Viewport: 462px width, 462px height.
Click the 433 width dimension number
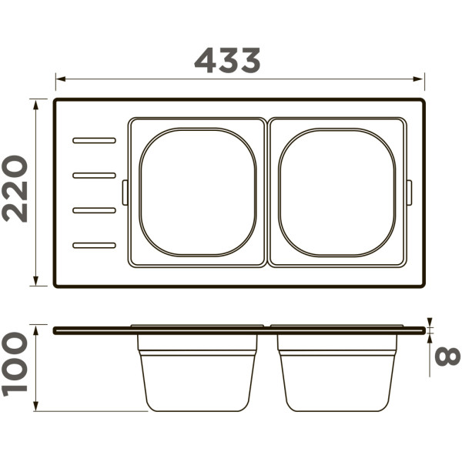(x=227, y=60)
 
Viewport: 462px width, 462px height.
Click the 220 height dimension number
(x=15, y=189)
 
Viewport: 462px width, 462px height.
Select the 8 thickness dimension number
(x=447, y=356)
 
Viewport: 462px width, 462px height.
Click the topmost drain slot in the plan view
(x=94, y=140)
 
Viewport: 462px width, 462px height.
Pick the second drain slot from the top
(x=94, y=175)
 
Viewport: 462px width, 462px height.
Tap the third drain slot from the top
(x=94, y=209)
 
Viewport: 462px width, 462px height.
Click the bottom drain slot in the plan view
(x=94, y=245)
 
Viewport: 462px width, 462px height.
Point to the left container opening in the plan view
(x=198, y=192)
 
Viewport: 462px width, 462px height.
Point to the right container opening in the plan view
(x=337, y=192)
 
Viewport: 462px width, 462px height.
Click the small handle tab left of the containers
(x=126, y=192)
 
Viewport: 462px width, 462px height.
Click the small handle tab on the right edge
(x=410, y=192)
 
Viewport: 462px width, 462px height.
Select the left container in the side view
(x=197, y=377)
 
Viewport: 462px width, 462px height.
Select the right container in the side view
(x=337, y=377)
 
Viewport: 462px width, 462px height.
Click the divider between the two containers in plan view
(x=267, y=192)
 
